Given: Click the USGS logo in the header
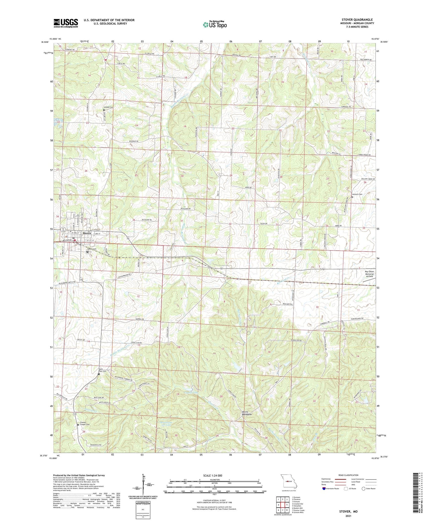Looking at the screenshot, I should click(x=66, y=23).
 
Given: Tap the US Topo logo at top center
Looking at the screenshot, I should click(x=214, y=25).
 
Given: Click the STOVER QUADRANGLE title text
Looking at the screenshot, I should click(x=357, y=20).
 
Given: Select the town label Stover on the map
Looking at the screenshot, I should click(x=87, y=233).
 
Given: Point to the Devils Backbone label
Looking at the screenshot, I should click(x=247, y=413).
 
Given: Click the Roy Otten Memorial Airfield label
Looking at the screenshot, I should click(x=369, y=274).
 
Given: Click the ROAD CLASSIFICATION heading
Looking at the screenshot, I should click(x=348, y=475).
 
